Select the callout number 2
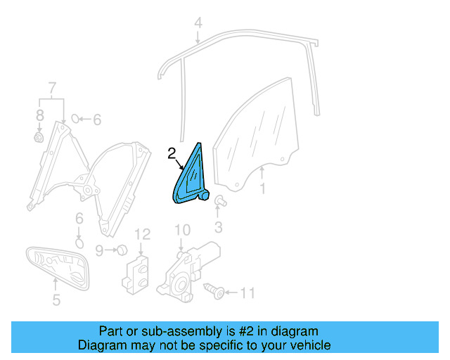point(171,153)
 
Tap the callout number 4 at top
point(198,22)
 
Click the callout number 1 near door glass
point(262,188)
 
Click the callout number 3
point(218,226)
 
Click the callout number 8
point(39,138)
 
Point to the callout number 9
point(99,250)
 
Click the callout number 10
point(182,230)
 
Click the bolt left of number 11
point(215,289)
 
